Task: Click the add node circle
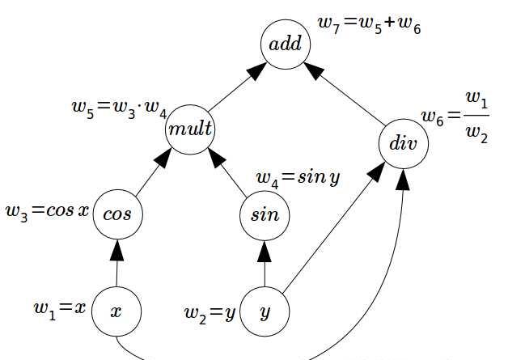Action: coord(286,44)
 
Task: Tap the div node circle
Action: coord(403,145)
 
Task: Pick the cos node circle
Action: coord(117,214)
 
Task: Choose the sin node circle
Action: coord(265,214)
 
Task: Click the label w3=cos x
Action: coord(46,212)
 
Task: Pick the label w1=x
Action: coord(59,308)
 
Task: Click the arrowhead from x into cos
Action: coord(117,249)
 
